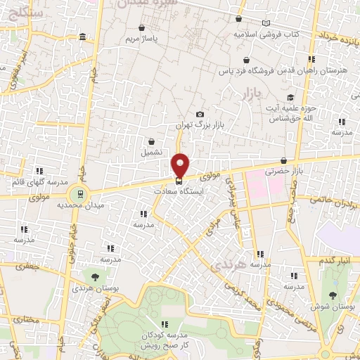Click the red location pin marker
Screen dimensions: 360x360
pos(181,165)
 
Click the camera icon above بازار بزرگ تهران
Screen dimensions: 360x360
pos(200,115)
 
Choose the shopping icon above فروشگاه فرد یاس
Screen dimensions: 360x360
pos(245,60)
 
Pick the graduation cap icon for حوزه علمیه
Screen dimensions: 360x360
pos(289,98)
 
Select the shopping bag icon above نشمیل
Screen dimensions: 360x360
pos(151,141)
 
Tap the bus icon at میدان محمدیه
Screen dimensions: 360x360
pos(80,194)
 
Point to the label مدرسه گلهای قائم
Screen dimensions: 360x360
pos(33,182)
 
